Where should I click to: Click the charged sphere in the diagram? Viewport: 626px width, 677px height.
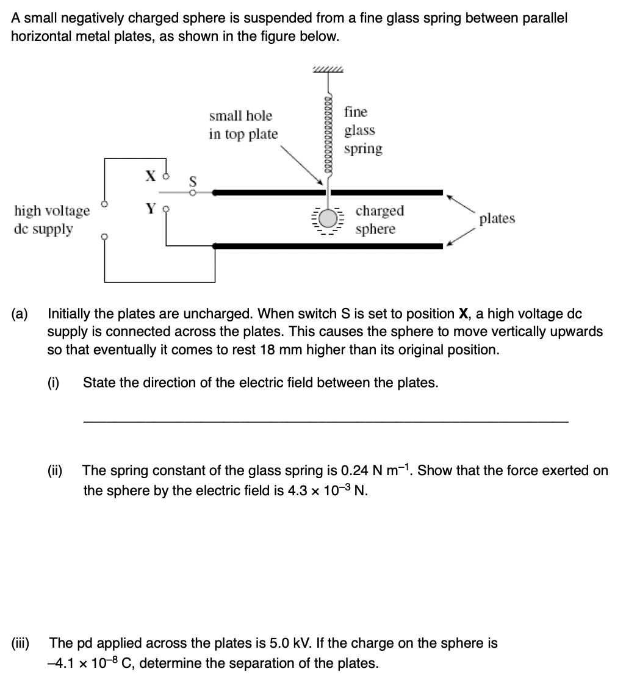click(329, 218)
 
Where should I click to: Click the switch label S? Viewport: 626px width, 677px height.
click(193, 181)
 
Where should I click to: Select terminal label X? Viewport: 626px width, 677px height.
click(151, 176)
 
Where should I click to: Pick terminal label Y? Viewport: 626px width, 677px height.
click(151, 209)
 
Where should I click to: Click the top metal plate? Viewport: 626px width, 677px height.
click(328, 193)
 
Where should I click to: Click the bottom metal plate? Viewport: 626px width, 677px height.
click(328, 246)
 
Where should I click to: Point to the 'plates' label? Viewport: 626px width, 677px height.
click(497, 218)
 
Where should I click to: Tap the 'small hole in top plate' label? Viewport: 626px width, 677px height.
click(243, 125)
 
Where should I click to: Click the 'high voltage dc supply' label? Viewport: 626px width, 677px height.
click(52, 220)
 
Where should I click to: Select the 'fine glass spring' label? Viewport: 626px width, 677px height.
click(363, 130)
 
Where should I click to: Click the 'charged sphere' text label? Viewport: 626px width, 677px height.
click(380, 220)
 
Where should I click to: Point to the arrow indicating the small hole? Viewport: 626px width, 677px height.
click(302, 165)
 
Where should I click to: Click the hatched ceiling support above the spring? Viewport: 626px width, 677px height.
click(328, 70)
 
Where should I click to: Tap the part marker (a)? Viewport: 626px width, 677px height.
click(20, 313)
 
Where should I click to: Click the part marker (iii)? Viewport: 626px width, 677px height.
click(20, 643)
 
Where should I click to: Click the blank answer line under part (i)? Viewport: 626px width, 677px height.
click(326, 421)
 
